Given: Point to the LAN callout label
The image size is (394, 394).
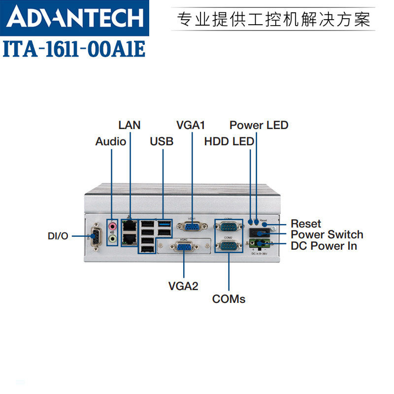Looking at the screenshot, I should pos(130,125).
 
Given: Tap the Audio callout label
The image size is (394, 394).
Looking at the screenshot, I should pos(111,142).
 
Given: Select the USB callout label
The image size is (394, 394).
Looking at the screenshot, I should pos(162,142).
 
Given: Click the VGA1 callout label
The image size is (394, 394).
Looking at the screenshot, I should pos(191,125).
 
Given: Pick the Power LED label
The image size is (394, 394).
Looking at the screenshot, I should pos(259,125).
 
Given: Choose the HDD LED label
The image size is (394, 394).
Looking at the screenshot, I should pos(230,142).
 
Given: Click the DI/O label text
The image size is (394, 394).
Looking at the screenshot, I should pos(58,236).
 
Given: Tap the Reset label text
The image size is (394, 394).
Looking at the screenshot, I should pos(306,224).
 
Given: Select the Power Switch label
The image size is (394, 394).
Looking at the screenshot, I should pos(327,234).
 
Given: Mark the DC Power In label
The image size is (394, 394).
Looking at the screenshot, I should pos(324,246).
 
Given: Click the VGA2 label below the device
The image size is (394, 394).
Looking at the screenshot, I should pos(183,286).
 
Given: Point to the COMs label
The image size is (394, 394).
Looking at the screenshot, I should pos(229,299).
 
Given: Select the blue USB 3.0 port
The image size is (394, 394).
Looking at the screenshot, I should pos(164,225).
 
